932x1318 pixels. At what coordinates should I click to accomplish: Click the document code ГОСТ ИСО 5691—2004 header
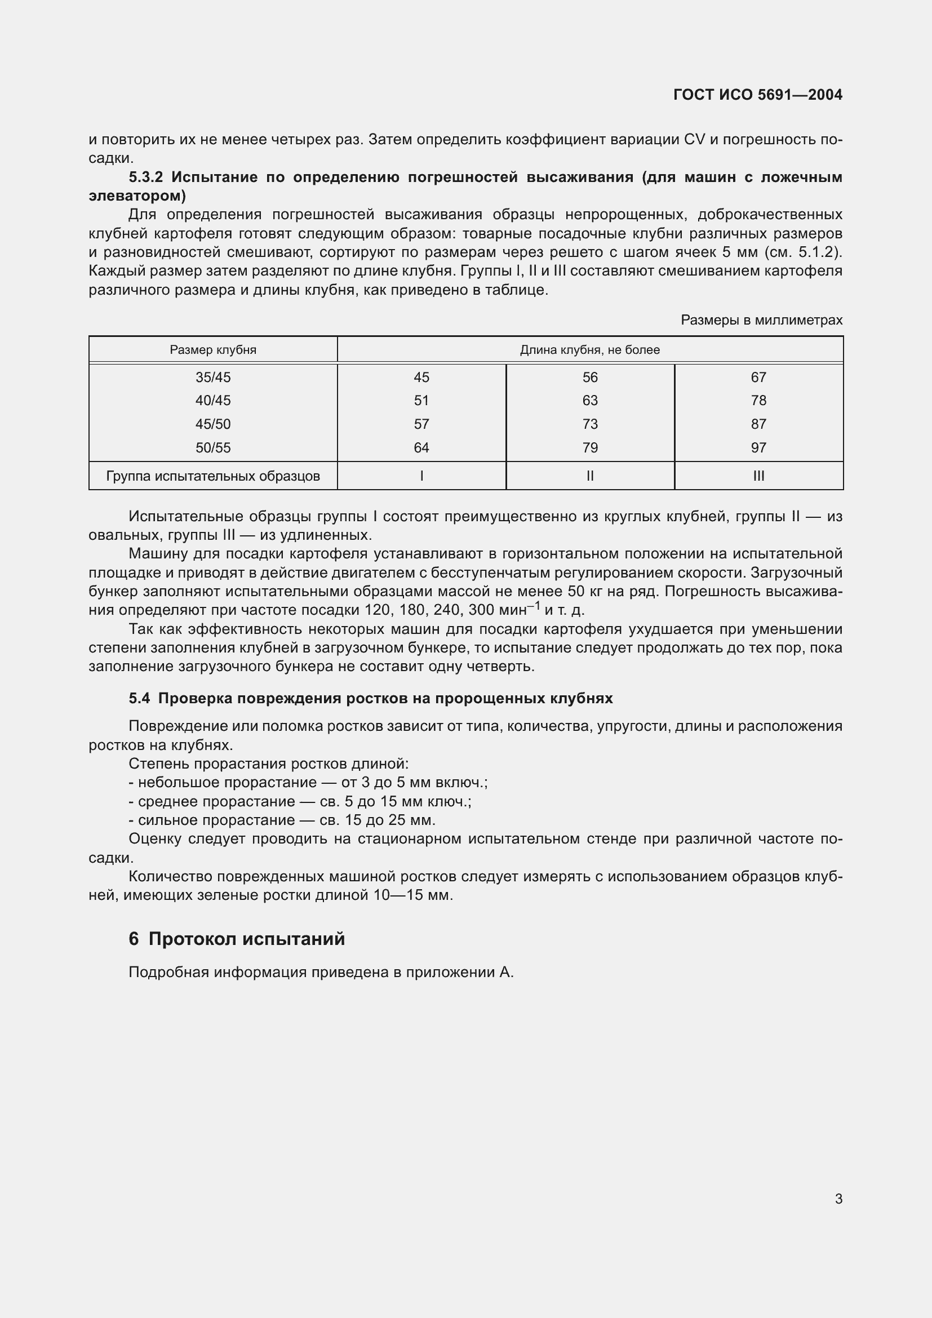(x=757, y=95)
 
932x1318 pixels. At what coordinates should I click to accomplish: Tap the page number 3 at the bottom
(x=838, y=1199)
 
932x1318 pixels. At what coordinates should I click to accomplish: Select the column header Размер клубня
(x=213, y=349)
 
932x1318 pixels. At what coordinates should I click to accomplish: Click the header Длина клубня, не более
(x=590, y=349)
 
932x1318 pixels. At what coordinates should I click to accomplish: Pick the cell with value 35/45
(x=213, y=377)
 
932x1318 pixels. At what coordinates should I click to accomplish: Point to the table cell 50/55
(x=213, y=448)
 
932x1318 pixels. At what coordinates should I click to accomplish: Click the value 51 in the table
(x=421, y=400)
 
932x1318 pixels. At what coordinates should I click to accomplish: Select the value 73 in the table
(x=590, y=424)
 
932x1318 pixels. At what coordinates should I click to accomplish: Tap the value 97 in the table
(x=758, y=448)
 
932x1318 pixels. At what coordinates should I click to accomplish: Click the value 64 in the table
(x=421, y=448)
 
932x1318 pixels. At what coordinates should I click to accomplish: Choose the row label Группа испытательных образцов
(x=213, y=476)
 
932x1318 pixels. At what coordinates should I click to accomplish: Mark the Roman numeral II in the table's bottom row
(x=590, y=476)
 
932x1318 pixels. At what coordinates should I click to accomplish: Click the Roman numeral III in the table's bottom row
(x=758, y=476)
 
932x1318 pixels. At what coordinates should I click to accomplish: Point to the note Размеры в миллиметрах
(x=762, y=319)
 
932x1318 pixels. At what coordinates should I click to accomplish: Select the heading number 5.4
(x=139, y=698)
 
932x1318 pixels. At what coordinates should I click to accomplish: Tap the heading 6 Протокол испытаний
(x=237, y=939)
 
